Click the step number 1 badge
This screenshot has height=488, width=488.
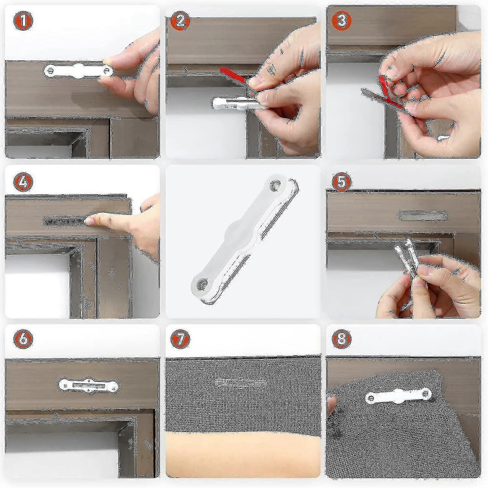coord(23,21)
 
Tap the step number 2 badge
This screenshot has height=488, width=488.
coord(181,21)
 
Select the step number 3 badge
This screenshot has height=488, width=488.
coord(341,21)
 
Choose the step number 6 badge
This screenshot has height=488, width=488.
coord(23,338)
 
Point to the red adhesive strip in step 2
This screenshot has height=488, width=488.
coord(233,75)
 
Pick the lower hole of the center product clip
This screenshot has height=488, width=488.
coord(202,284)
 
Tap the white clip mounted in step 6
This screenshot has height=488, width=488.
coord(88,385)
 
